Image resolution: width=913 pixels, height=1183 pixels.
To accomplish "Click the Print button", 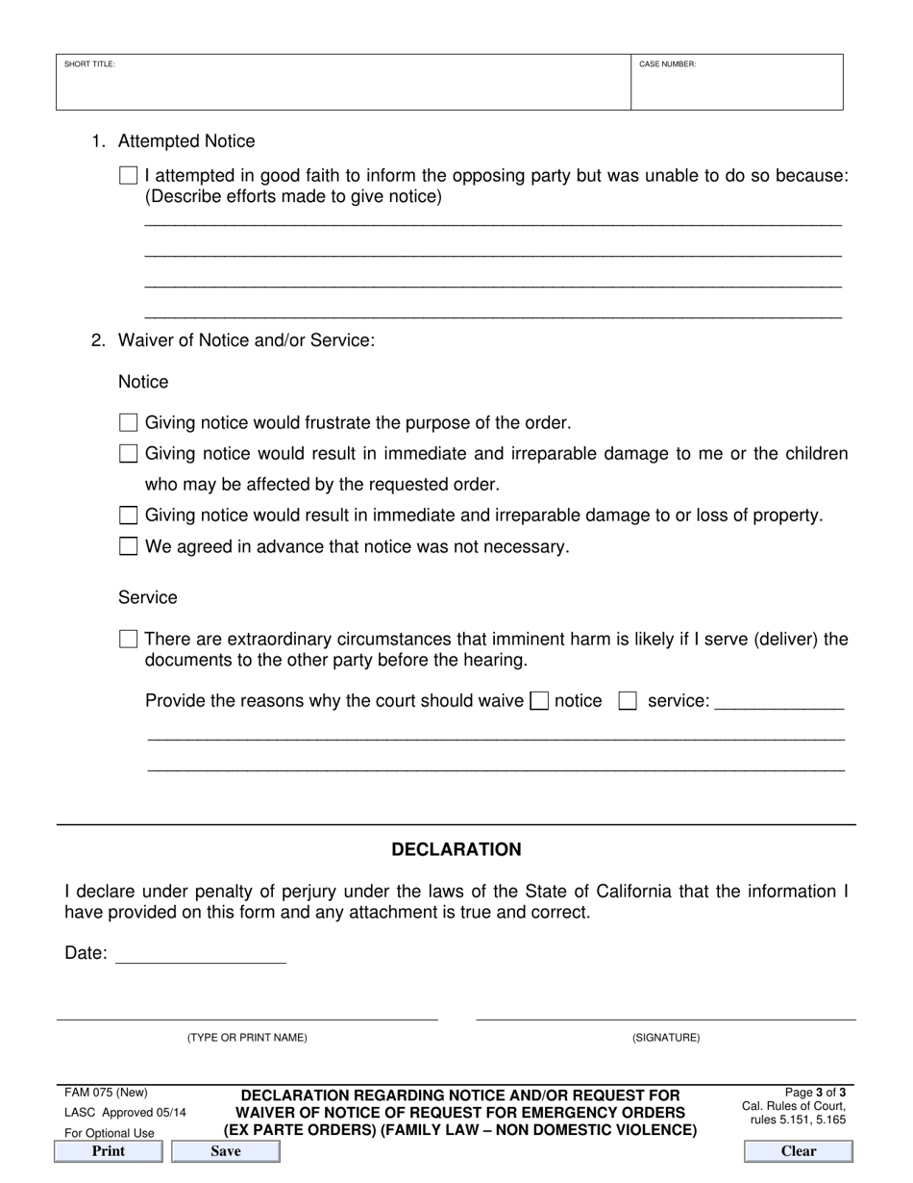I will coord(108,1151).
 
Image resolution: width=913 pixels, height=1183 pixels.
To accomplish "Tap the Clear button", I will coord(798,1151).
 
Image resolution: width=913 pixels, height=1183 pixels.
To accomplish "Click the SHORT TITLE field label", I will coord(89,64).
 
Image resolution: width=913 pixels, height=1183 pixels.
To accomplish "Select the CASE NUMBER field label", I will coord(668,64).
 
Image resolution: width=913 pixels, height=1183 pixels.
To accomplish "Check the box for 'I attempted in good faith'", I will coord(128,176).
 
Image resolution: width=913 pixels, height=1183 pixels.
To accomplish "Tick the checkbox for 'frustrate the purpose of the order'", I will coord(128,423).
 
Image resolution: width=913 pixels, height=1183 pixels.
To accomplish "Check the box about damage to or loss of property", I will coord(128,516).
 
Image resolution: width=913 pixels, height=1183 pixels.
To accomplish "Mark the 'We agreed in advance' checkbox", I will coord(128,547).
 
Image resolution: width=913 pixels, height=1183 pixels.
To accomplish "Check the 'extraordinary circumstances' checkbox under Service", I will coord(128,640).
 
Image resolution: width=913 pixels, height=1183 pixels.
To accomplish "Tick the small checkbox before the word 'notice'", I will coord(539,701).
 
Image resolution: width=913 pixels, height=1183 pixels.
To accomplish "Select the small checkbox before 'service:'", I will coord(628,701).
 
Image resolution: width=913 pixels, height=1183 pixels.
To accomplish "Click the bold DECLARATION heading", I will coord(456,850).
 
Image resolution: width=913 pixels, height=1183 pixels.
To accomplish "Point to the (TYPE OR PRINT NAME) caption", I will coord(247,1038).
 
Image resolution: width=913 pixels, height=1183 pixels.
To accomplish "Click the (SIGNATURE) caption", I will coord(666,1038).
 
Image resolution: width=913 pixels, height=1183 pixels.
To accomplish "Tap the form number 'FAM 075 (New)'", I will coord(106,1093).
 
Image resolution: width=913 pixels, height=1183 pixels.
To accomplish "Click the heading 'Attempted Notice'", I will coord(186,141).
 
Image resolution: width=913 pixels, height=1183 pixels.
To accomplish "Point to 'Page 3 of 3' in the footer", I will coord(815,1093).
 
